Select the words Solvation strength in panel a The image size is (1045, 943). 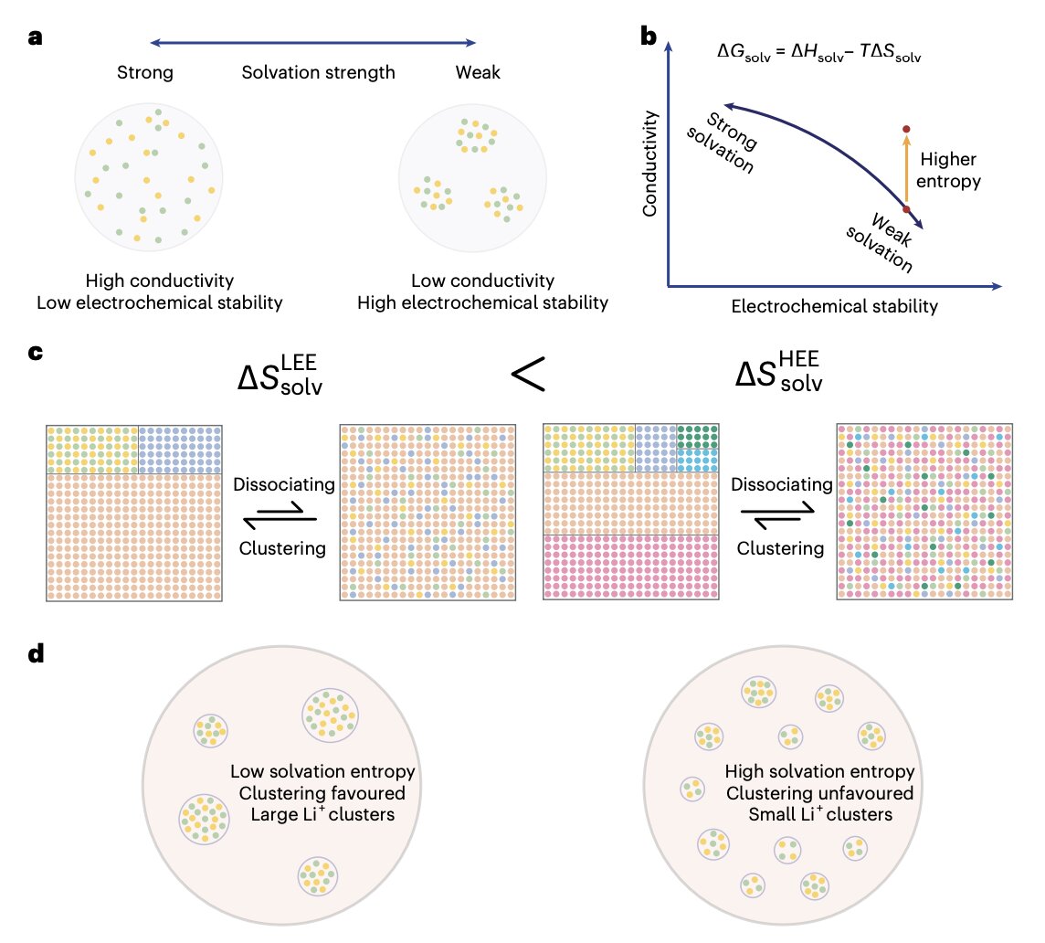coord(318,73)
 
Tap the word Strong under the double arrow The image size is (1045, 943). coord(145,73)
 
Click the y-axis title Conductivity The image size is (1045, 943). coord(650,164)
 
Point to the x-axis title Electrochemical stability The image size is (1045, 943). coord(834,307)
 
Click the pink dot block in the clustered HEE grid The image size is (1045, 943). coord(631,567)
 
